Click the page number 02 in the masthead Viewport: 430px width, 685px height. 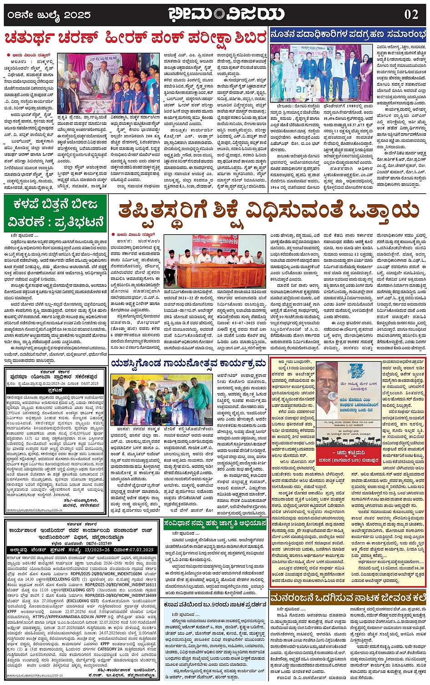coord(411,15)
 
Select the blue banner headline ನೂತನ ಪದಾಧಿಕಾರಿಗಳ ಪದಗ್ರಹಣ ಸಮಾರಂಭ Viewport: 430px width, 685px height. coord(348,35)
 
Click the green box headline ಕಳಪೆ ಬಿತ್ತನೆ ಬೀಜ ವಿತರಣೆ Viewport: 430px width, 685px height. coord(56,213)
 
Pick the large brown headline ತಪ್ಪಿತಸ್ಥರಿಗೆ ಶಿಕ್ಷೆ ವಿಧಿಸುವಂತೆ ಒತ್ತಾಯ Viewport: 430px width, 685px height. coord(268,211)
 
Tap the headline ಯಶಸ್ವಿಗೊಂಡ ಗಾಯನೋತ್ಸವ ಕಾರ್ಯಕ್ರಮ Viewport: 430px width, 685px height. coord(188,363)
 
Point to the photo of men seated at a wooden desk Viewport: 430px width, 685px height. coord(214,261)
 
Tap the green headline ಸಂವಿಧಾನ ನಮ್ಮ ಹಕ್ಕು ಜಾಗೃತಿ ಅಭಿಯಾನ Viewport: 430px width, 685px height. coord(215,524)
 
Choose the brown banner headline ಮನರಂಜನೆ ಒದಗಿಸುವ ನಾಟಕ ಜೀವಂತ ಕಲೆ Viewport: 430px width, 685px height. coord(348,597)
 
